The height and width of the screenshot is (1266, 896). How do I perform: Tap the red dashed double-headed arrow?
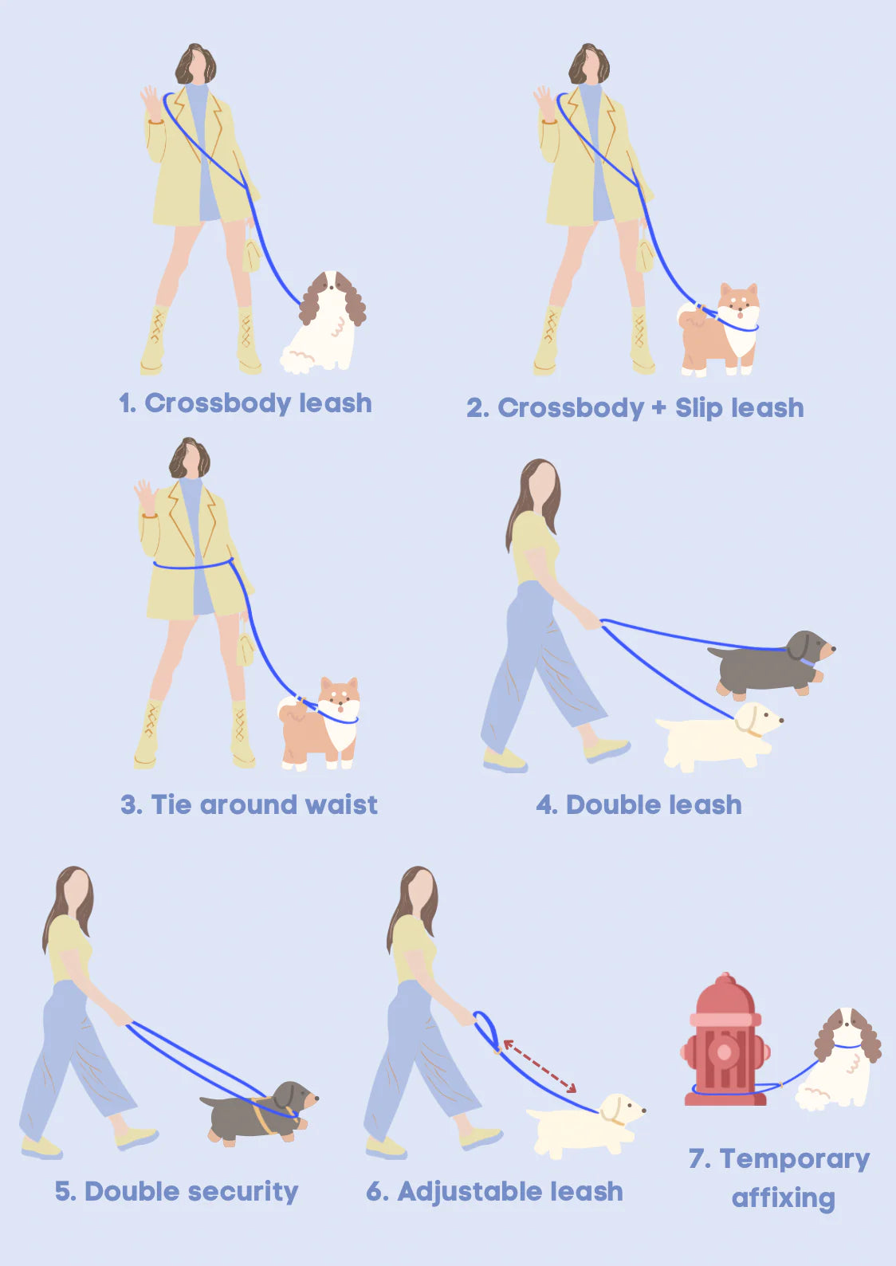click(540, 1066)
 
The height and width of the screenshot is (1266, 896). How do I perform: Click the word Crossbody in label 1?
click(218, 403)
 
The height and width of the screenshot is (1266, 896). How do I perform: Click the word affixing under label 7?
click(784, 1197)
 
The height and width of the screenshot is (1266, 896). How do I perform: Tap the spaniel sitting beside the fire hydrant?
click(839, 1060)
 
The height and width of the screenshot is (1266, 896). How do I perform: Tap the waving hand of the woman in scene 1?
click(151, 102)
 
